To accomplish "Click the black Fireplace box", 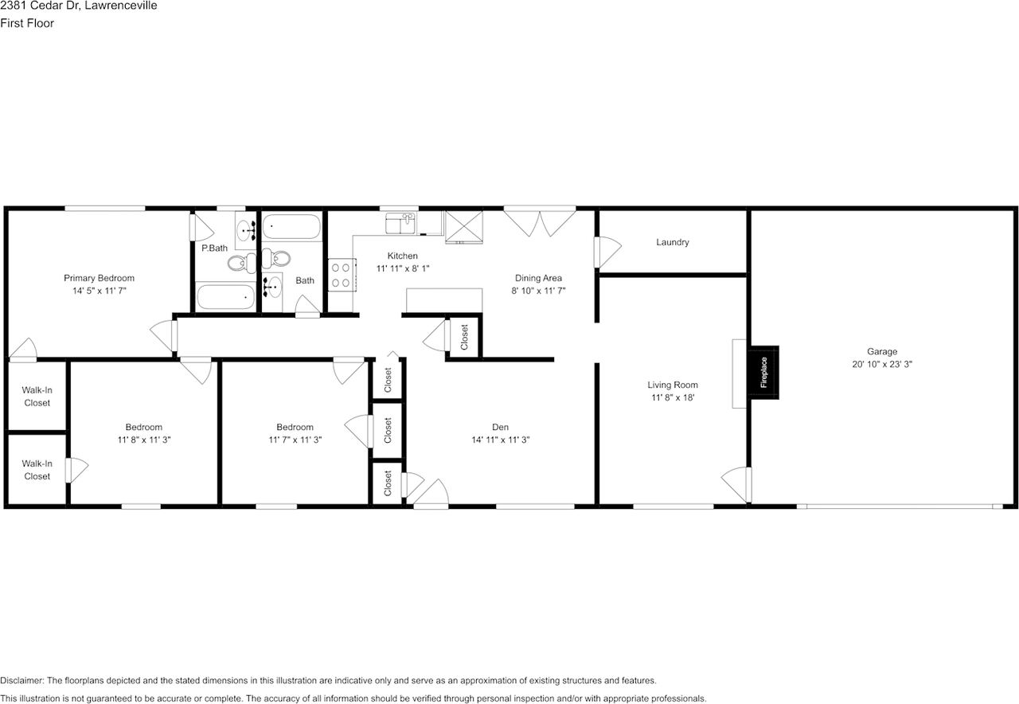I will [x=763, y=372].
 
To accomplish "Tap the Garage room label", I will [x=882, y=351].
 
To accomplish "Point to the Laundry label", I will [x=673, y=242].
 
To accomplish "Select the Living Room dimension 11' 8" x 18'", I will [x=673, y=397].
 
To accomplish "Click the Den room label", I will [x=500, y=427].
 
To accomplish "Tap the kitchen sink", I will [x=402, y=223].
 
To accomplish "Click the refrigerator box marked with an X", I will [x=463, y=225].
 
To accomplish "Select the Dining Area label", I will [x=538, y=278].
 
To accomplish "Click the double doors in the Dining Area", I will [x=541, y=221].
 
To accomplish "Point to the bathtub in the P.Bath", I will [x=226, y=298].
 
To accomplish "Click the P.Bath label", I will [x=214, y=248].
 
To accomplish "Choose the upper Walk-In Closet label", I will [x=37, y=397].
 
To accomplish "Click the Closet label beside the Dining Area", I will [x=465, y=337].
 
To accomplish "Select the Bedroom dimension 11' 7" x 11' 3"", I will [x=295, y=440].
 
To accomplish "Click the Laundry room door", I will [x=607, y=252].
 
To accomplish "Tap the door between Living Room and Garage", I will [x=739, y=483].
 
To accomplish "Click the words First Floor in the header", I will [x=27, y=23].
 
